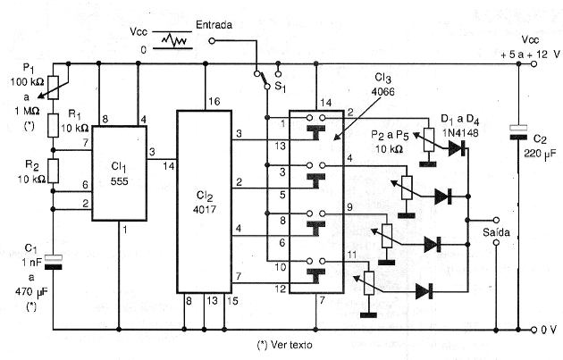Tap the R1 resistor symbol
(53, 126)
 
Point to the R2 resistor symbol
(53, 172)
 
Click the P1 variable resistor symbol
(53, 88)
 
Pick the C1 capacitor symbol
(53, 262)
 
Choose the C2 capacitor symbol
(518, 132)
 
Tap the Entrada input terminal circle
(212, 41)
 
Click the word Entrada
(214, 25)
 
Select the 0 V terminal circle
(534, 330)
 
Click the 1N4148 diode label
(460, 133)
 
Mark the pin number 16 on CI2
(214, 102)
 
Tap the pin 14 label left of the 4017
(168, 166)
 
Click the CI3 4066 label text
(382, 84)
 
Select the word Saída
(496, 232)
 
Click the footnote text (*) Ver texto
(285, 345)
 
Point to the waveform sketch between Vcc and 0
(174, 40)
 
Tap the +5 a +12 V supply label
(530, 54)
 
